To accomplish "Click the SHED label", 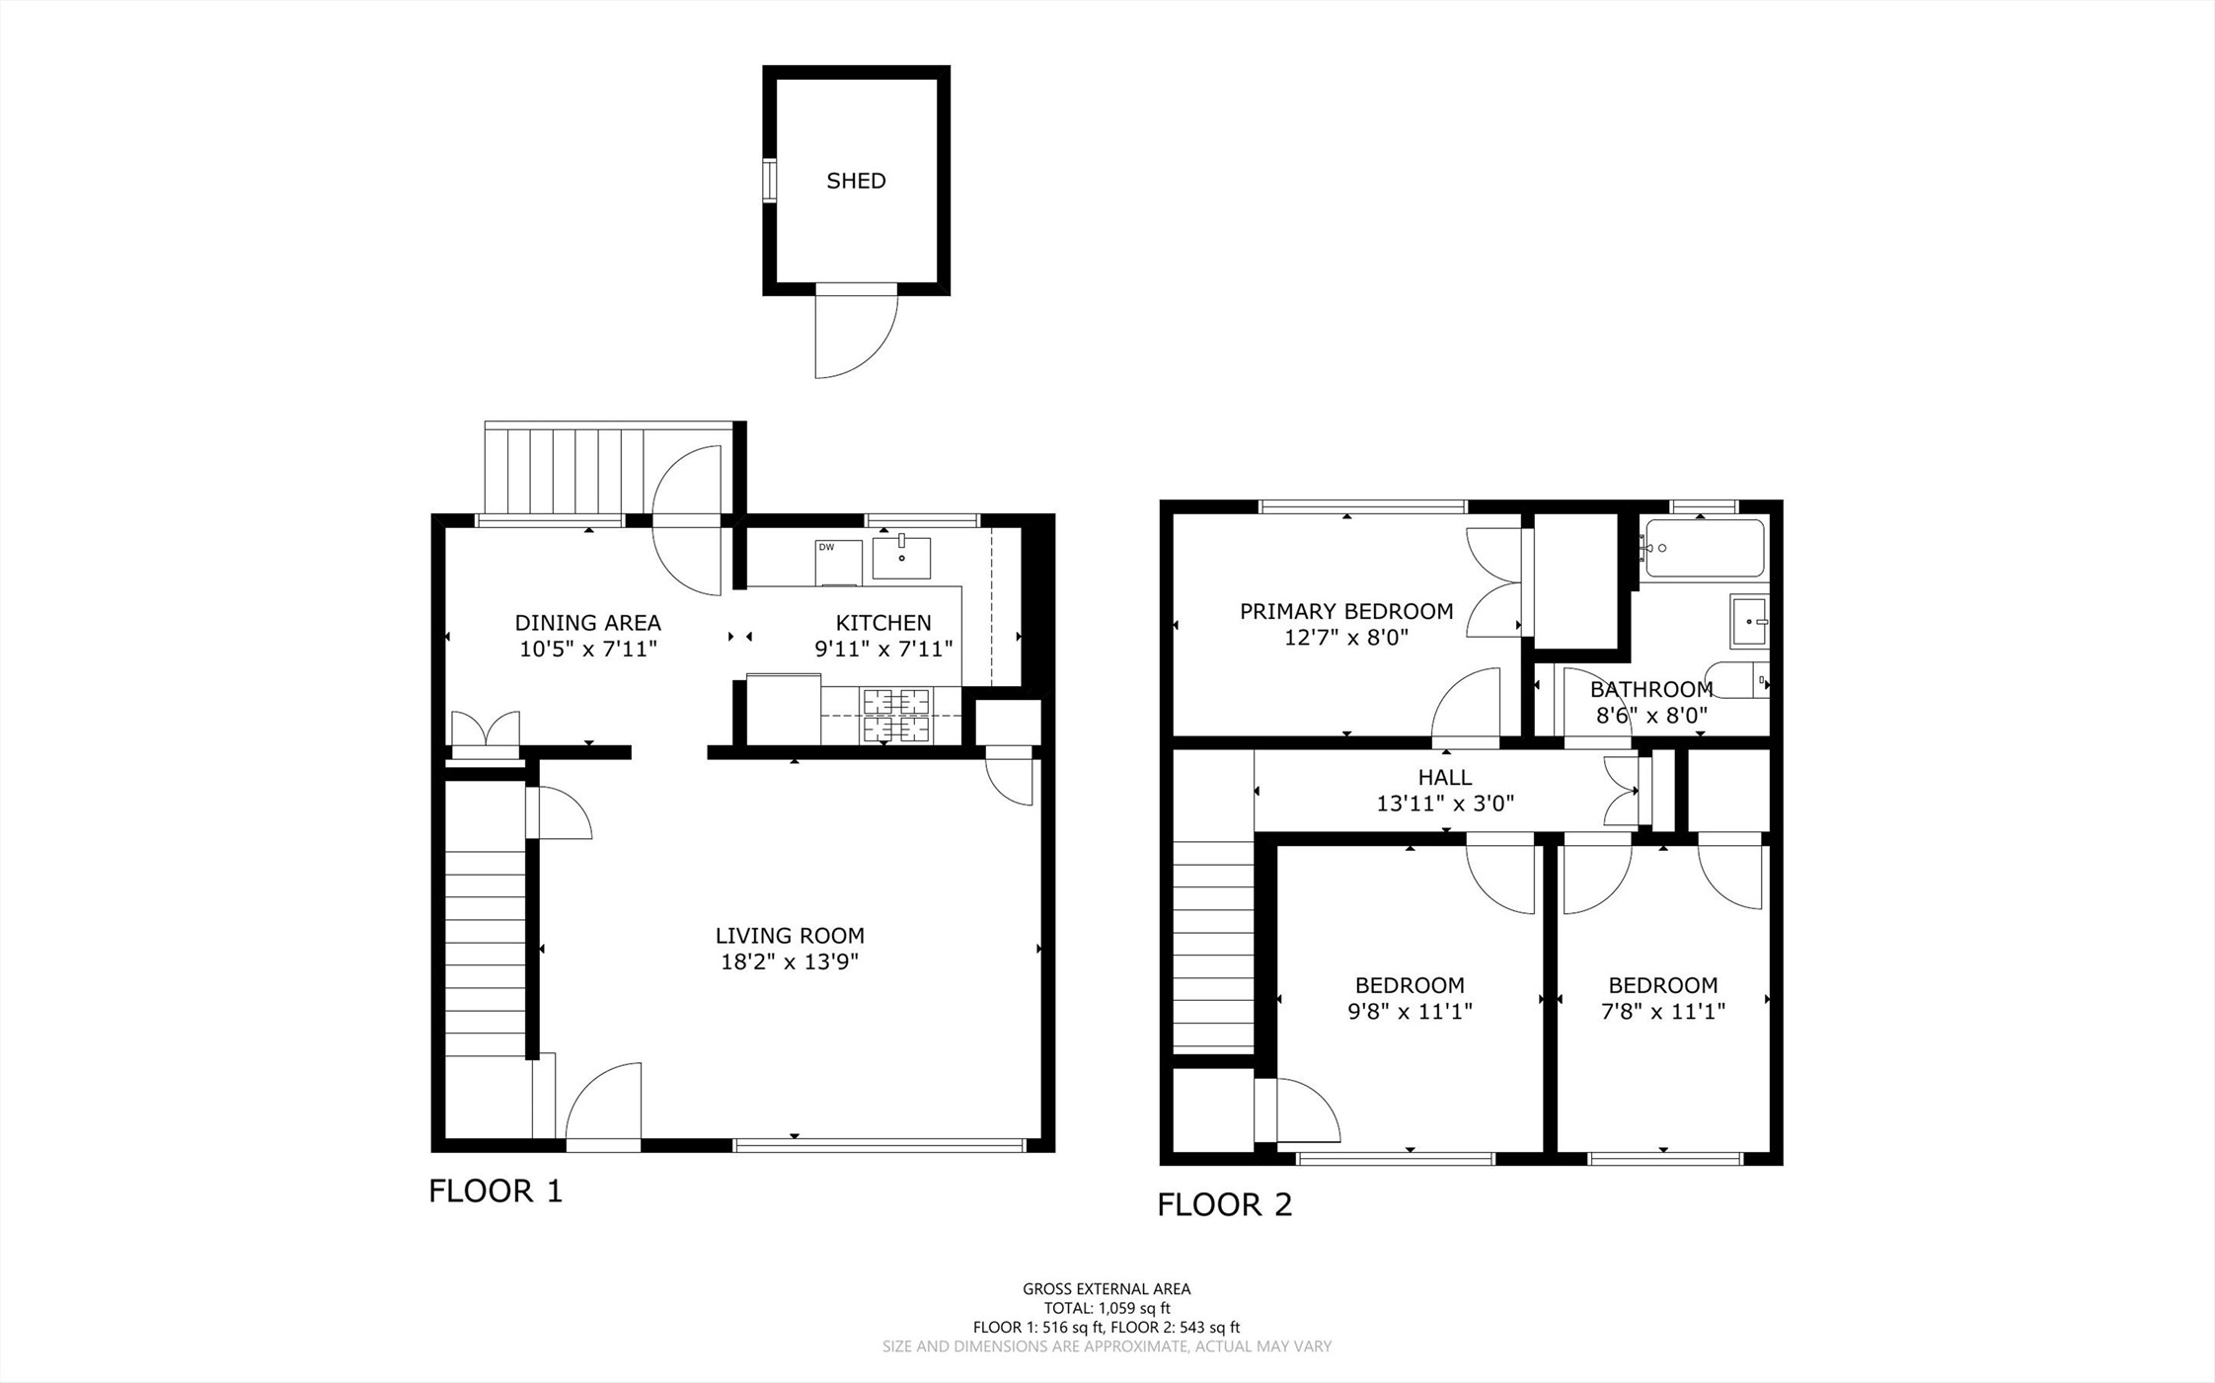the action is click(856, 181).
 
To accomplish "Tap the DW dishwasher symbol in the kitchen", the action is click(838, 562).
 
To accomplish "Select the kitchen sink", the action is click(901, 558).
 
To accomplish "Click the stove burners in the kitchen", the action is click(897, 716).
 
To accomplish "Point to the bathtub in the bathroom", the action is click(1704, 548).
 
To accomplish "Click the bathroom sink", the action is click(1749, 621).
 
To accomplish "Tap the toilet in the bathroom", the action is click(1739, 680).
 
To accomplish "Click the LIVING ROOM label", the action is click(790, 935).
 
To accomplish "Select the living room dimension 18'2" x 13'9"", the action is click(790, 961).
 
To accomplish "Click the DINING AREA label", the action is click(587, 623).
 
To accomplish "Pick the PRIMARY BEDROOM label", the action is click(1346, 612).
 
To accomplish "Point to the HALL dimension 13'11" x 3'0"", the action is click(1445, 804).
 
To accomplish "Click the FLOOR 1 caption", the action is click(496, 1191).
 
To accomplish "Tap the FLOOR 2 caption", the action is click(1224, 1204).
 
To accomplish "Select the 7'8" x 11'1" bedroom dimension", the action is click(1663, 1011).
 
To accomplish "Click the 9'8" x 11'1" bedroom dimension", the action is click(1410, 1011).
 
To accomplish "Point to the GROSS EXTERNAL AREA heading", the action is click(1107, 1288).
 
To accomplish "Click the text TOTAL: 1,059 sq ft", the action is click(1107, 1308).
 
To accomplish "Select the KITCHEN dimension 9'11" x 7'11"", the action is click(883, 649).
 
